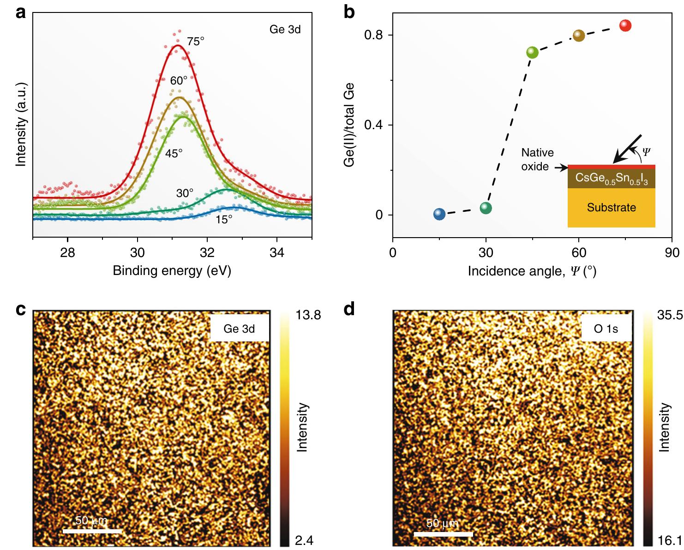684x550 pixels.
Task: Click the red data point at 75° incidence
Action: [625, 25]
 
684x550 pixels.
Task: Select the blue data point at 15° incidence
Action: [439, 214]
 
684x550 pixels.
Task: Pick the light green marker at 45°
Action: [532, 53]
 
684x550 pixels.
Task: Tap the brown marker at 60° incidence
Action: [579, 36]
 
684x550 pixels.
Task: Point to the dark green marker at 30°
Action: [486, 208]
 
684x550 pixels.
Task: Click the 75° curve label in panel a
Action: [195, 42]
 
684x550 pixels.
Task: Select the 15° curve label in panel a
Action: [224, 220]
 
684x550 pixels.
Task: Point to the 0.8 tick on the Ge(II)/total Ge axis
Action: [374, 35]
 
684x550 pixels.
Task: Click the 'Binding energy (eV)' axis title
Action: [172, 270]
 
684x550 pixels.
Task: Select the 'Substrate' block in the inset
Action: [611, 208]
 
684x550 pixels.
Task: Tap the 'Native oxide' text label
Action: [537, 159]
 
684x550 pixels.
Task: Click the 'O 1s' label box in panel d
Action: [606, 329]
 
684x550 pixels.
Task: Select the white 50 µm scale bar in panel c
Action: [92, 531]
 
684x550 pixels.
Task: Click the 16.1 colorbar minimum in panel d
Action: [672, 540]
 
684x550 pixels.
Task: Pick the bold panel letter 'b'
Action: [349, 12]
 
